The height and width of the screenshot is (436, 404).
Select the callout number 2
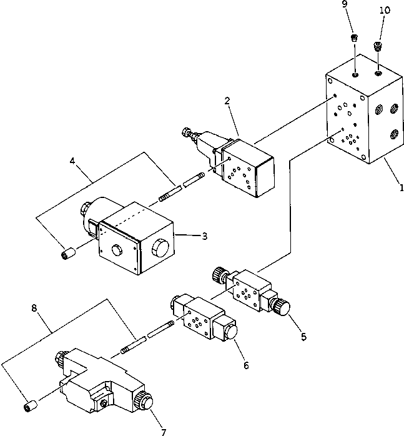point(228,101)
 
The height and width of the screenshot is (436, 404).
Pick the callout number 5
point(304,336)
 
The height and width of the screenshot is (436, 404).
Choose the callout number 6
point(245,365)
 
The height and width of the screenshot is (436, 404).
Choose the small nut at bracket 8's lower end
point(29,407)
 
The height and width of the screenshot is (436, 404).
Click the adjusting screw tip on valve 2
point(185,132)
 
